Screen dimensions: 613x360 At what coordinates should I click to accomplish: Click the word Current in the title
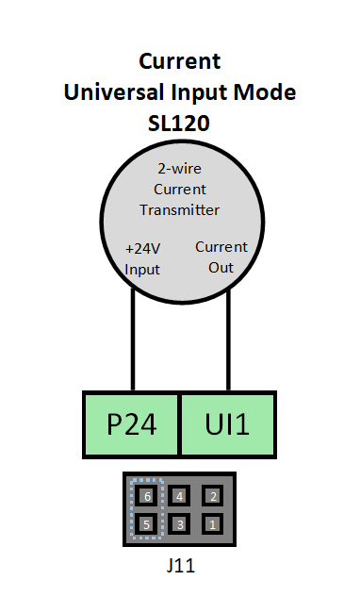click(179, 62)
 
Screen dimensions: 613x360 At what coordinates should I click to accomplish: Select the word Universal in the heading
click(106, 92)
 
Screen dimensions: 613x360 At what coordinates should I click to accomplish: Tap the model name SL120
click(179, 123)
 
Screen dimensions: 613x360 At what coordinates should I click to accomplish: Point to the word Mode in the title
click(267, 92)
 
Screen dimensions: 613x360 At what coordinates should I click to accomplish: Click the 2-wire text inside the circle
click(179, 170)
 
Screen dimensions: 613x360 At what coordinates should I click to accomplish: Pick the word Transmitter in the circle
click(179, 209)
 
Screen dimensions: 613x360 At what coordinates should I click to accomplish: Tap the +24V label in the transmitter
click(143, 249)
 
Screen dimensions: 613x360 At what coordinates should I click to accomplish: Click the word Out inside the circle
click(221, 267)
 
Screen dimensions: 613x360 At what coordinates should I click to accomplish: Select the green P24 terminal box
click(131, 422)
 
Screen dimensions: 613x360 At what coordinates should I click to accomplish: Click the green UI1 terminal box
click(228, 422)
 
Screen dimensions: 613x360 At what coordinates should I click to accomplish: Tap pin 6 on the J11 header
click(146, 495)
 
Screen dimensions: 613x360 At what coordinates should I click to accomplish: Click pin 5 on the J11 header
click(146, 523)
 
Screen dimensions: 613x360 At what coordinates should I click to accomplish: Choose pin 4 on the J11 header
click(179, 495)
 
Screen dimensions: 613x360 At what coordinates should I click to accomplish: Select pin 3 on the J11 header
click(179, 523)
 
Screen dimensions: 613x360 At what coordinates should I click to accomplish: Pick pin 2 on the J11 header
click(213, 495)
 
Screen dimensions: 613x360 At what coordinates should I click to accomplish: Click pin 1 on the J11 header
click(213, 523)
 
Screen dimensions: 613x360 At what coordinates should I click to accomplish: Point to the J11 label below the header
click(179, 567)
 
